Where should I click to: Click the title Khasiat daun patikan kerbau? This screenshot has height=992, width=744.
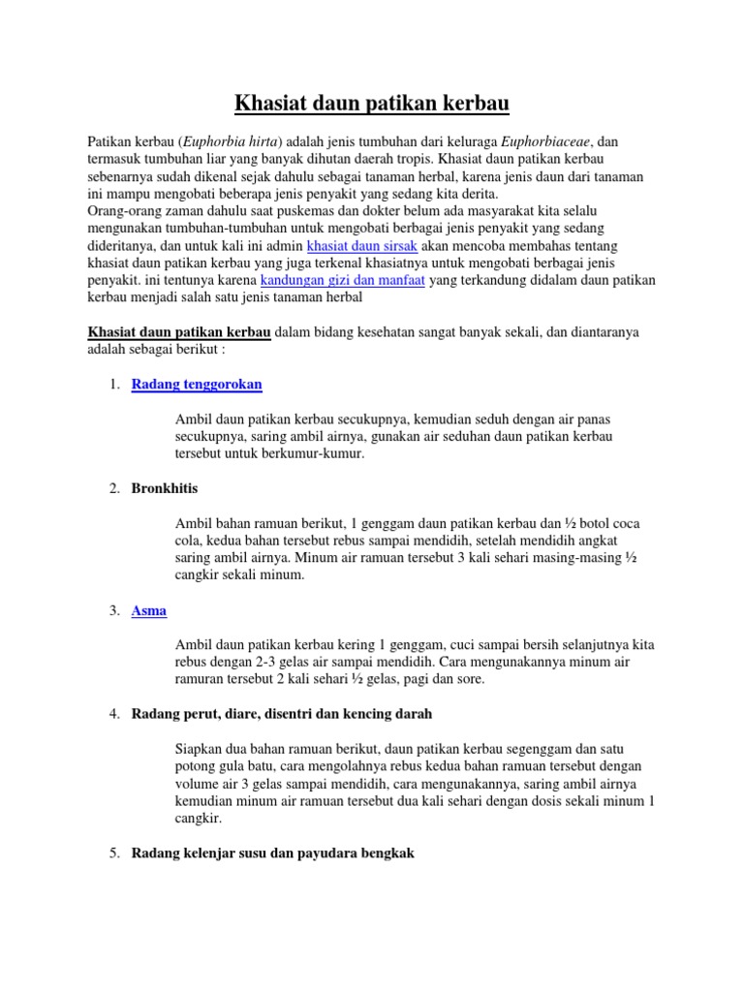coord(372,102)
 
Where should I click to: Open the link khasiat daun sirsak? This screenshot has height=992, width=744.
coord(362,246)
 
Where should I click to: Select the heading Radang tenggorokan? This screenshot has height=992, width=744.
coord(197,385)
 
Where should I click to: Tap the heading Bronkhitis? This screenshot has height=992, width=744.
coord(165,488)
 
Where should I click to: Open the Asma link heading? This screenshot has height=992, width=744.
coord(149,610)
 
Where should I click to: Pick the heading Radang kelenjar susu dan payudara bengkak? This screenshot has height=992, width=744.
coord(273,853)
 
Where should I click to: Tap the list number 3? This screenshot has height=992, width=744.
coord(113,610)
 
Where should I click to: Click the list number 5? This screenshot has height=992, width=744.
coord(113,853)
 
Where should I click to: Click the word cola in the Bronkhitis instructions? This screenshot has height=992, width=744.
coord(191,541)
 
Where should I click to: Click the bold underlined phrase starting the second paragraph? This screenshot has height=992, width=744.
coord(179,332)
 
